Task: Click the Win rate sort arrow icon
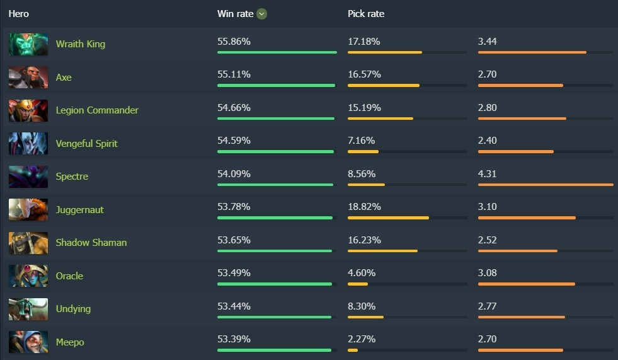tap(262, 14)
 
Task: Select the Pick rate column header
tap(366, 14)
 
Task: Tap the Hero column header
tap(19, 14)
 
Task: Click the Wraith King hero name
tap(80, 44)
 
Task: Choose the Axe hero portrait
tap(28, 78)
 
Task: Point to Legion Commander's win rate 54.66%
tap(234, 108)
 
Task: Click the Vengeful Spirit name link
tap(86, 144)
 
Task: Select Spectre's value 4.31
tap(488, 174)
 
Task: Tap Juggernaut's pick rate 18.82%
tap(364, 207)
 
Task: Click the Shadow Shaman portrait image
tap(28, 243)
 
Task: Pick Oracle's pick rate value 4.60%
tap(362, 273)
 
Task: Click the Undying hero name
tap(73, 309)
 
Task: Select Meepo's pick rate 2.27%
tap(362, 339)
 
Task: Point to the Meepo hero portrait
tap(28, 342)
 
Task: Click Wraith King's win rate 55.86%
tap(234, 42)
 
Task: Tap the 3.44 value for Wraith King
tap(488, 42)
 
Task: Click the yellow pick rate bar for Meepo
tap(353, 350)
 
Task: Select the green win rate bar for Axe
tap(276, 85)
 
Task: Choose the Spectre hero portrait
tap(28, 177)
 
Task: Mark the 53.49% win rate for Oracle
tap(234, 273)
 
